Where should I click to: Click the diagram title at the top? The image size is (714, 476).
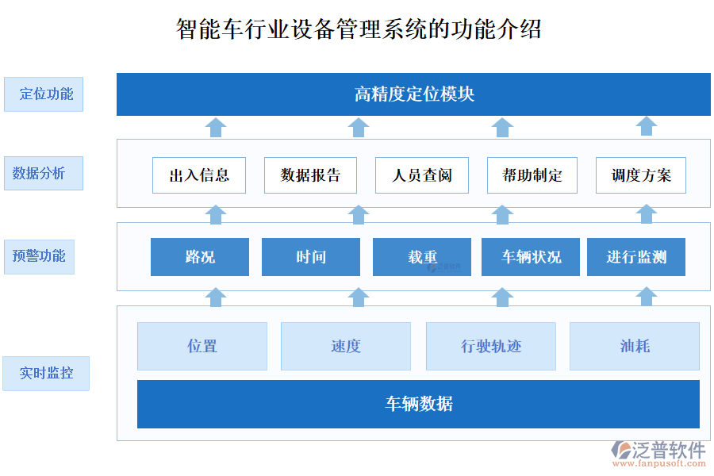point(359,29)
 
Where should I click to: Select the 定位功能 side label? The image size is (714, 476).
point(44,94)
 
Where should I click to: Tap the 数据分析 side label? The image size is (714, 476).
point(44,173)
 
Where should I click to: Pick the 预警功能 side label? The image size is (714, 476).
point(39,256)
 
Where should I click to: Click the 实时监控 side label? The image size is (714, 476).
point(47,373)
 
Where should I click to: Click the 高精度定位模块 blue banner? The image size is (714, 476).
point(413,94)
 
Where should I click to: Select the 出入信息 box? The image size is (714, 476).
point(199,175)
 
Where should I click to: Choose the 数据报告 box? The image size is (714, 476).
point(310,175)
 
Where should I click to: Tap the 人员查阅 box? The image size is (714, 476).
point(421,175)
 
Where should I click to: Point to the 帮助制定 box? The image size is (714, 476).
point(532,175)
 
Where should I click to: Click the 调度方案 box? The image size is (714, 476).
point(641,175)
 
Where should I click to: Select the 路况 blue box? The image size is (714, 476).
point(200,257)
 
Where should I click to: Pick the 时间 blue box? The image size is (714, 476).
point(311,257)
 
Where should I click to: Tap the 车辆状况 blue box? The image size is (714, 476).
point(531,257)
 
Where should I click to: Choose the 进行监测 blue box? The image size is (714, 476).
point(636,257)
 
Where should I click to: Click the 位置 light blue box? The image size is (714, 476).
point(202,346)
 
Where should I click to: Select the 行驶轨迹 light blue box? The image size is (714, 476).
point(491,346)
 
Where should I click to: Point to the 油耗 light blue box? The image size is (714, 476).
point(635,346)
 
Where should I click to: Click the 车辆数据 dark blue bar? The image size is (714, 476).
point(418,404)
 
